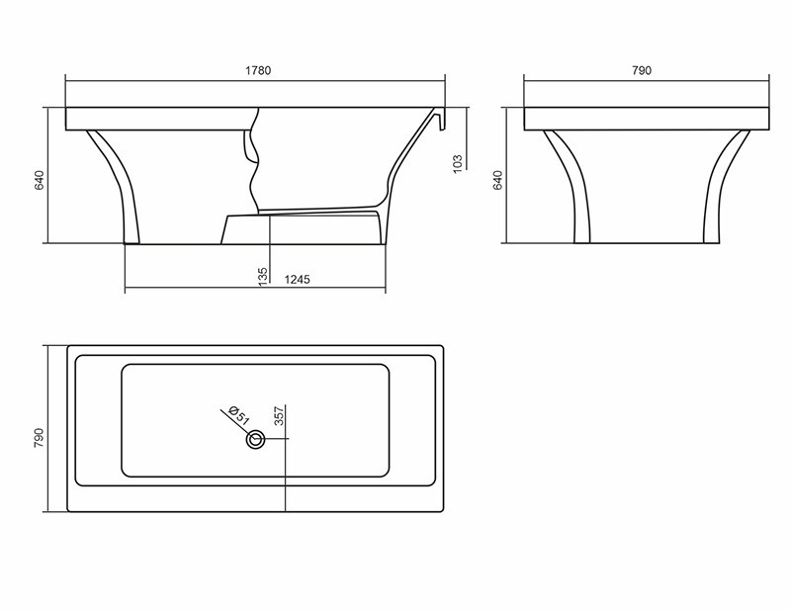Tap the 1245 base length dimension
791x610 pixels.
click(297, 280)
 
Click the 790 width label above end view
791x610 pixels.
click(643, 70)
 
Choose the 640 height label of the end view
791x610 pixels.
click(498, 180)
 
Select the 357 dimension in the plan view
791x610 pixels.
click(280, 416)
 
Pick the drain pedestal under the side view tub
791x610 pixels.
click(302, 227)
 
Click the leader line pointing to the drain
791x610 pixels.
click(231, 418)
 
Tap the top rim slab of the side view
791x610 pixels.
click(158, 118)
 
